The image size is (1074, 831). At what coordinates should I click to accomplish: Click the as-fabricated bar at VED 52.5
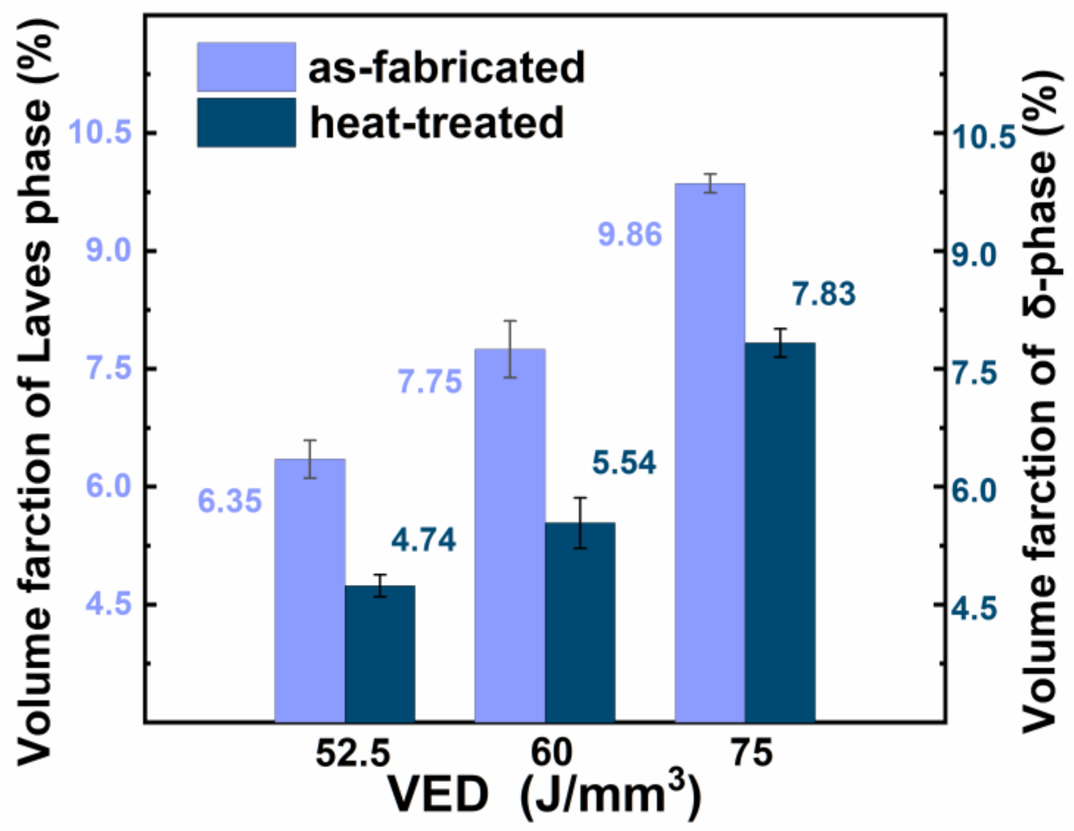[309, 590]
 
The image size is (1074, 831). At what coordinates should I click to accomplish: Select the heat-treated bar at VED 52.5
[380, 654]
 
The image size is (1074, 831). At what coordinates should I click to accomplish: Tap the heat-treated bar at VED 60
[580, 622]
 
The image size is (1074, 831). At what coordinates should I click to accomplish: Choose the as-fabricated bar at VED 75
[710, 453]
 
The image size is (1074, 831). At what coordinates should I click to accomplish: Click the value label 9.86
[630, 234]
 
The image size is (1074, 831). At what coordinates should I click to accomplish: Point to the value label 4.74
[423, 540]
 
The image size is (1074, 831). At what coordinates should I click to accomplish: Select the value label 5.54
[623, 463]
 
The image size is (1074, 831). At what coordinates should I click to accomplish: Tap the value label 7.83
[824, 294]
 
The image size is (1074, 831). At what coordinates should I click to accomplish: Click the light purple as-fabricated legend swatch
[246, 67]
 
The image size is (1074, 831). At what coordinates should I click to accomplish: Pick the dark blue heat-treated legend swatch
[246, 123]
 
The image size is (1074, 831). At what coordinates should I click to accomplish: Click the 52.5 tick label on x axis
[352, 754]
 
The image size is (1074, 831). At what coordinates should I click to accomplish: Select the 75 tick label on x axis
[752, 754]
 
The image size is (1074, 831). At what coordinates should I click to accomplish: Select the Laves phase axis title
[34, 388]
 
